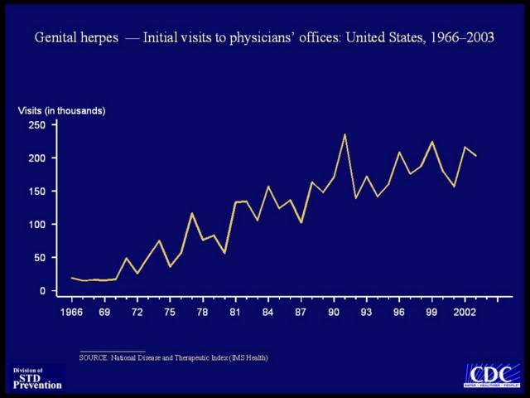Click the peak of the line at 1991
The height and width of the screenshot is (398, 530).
pyautogui.click(x=344, y=134)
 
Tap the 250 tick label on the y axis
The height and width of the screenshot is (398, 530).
pyautogui.click(x=36, y=125)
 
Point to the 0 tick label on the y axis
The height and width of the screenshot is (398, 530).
pyautogui.click(x=41, y=291)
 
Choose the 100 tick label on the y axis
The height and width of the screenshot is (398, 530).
pyautogui.click(x=36, y=225)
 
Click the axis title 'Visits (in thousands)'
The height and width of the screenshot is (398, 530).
pyautogui.click(x=62, y=110)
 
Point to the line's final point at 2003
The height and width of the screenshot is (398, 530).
pyautogui.click(x=476, y=156)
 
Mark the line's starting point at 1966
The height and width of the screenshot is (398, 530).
pyautogui.click(x=72, y=278)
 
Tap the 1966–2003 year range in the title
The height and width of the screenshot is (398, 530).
pyautogui.click(x=460, y=38)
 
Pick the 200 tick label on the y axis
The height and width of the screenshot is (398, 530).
pyautogui.click(x=36, y=158)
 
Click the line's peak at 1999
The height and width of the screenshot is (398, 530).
pyautogui.click(x=431, y=142)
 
